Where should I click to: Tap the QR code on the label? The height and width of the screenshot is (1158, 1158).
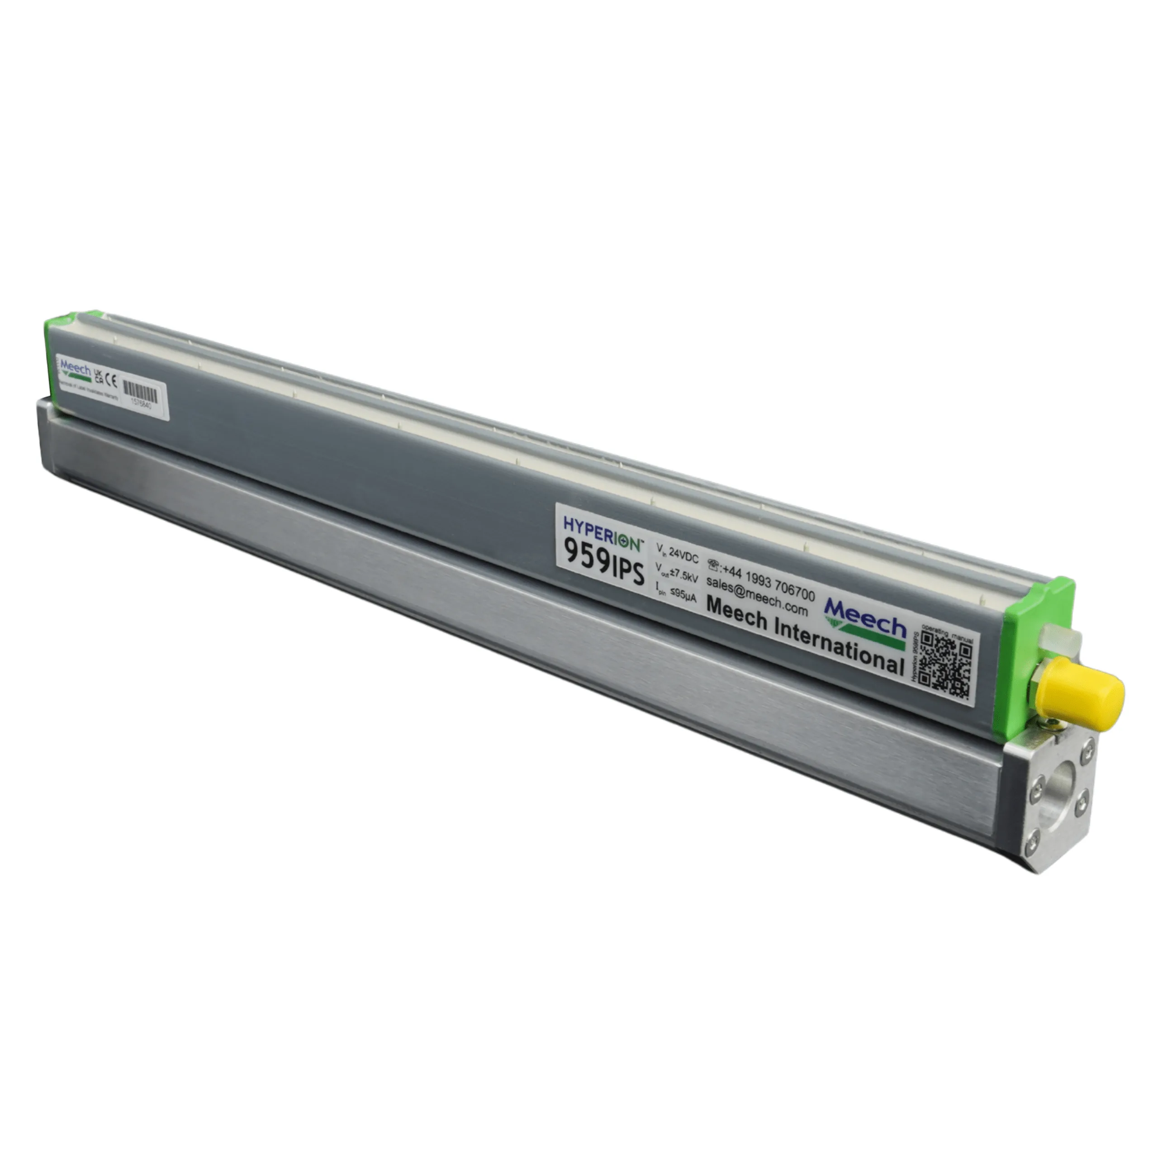point(945,665)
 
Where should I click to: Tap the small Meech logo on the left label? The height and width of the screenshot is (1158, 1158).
point(75,367)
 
